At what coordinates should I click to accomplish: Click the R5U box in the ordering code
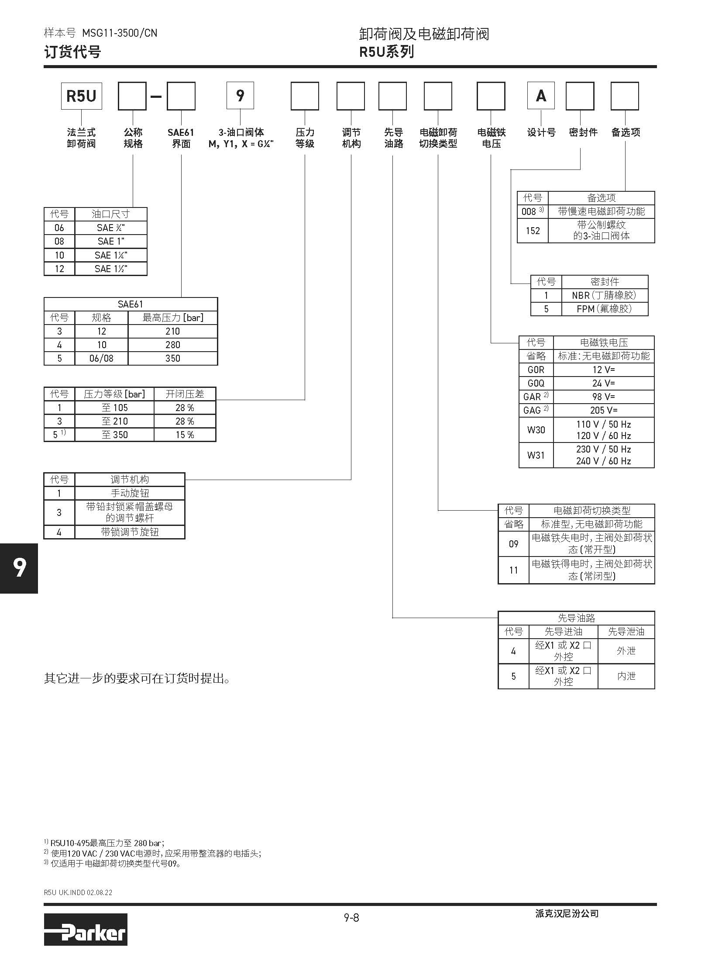(81, 96)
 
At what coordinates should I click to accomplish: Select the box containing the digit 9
(240, 96)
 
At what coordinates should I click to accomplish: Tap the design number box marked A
(541, 96)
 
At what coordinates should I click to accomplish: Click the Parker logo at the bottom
(86, 933)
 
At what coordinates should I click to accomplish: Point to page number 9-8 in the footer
(351, 918)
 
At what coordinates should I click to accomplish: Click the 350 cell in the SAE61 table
(173, 358)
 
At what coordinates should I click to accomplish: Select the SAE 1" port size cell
(111, 241)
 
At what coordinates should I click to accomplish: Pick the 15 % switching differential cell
(185, 435)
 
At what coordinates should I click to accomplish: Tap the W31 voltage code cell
(536, 455)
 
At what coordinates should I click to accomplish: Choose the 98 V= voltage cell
(604, 397)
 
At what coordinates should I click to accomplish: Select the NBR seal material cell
(604, 295)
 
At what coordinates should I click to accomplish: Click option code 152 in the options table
(533, 231)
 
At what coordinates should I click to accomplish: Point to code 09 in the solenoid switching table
(513, 544)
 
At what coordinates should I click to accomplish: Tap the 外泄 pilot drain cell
(626, 651)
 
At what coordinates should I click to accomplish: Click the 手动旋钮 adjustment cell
(130, 493)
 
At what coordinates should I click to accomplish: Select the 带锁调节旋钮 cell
(130, 532)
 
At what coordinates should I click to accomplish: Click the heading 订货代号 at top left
(72, 52)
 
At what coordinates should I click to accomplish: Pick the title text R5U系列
(386, 52)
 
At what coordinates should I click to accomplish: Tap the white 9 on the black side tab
(19, 567)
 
